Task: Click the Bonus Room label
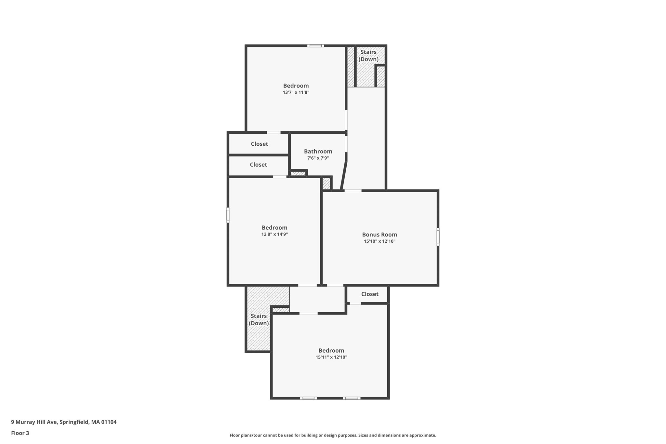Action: (x=380, y=235)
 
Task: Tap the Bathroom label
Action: (x=318, y=151)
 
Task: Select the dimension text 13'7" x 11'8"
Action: (x=296, y=92)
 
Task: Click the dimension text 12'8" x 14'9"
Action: (x=274, y=234)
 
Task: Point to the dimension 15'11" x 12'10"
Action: (x=331, y=357)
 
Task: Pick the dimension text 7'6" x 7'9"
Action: (x=318, y=158)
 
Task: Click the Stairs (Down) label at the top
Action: (x=368, y=56)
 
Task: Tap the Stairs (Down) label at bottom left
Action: (x=259, y=319)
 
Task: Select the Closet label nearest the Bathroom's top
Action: (x=260, y=144)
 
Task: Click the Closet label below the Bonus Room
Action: (x=370, y=294)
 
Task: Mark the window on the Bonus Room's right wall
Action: (x=438, y=237)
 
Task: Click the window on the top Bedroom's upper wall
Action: (x=315, y=46)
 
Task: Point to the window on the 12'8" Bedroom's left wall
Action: (x=228, y=215)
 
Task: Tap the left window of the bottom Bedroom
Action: (x=308, y=398)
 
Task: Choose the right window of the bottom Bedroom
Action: (x=352, y=398)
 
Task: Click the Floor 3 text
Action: (x=20, y=433)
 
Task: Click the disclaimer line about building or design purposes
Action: (x=333, y=435)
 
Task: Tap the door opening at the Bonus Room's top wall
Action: (x=353, y=191)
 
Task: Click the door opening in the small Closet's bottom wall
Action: (x=355, y=303)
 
